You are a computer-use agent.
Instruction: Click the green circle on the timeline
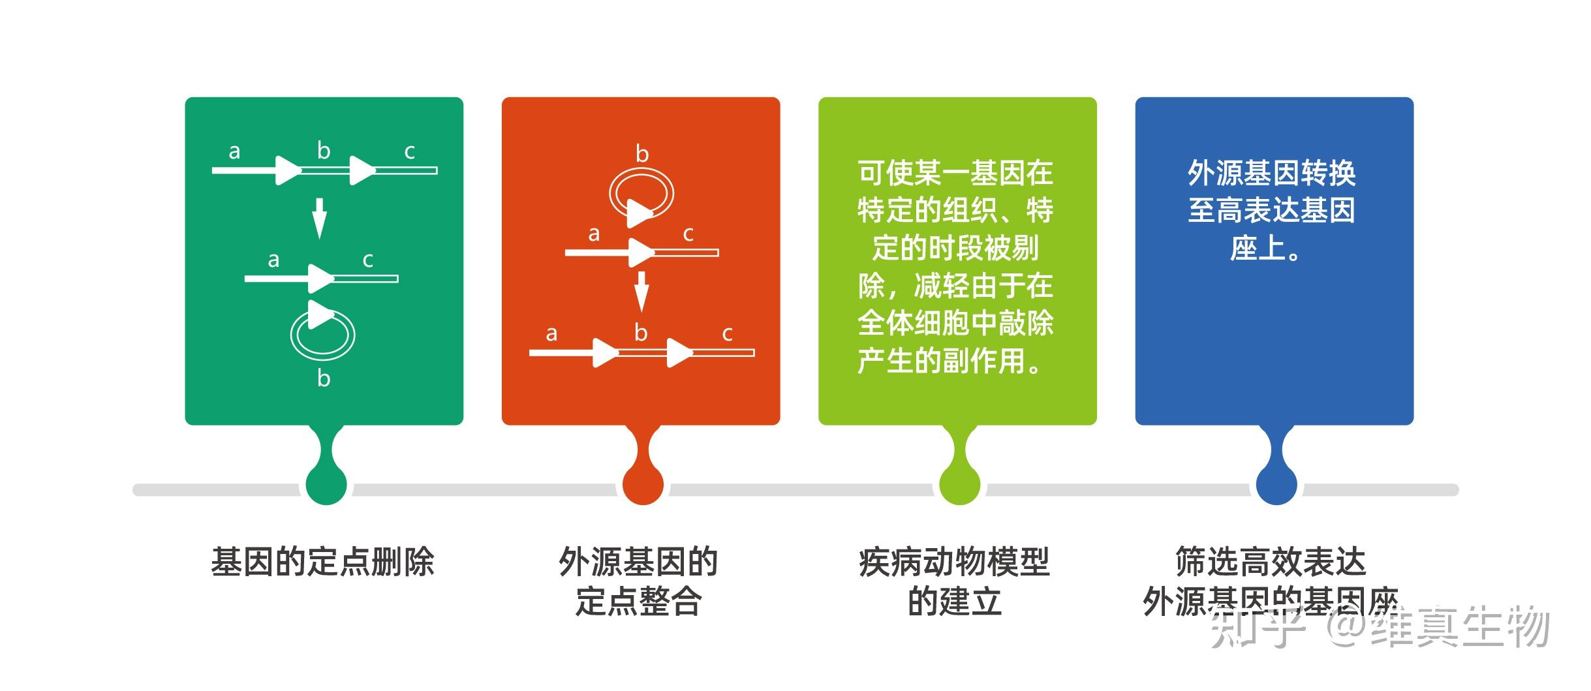pyautogui.click(x=326, y=485)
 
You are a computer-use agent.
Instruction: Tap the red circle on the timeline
pyautogui.click(x=643, y=485)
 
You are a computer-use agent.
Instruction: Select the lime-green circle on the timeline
pyautogui.click(x=959, y=485)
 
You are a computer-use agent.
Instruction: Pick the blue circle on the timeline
pyautogui.click(x=1276, y=485)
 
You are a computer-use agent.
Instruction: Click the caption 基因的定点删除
pyautogui.click(x=322, y=562)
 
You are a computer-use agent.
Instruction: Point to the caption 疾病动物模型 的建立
pyautogui.click(x=954, y=581)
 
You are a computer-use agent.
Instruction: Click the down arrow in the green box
pyautogui.click(x=318, y=219)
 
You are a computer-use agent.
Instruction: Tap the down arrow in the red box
pyautogui.click(x=641, y=291)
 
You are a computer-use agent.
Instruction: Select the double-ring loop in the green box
pyautogui.click(x=322, y=335)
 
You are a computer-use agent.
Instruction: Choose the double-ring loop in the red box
pyautogui.click(x=641, y=193)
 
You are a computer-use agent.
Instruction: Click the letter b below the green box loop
pyautogui.click(x=324, y=378)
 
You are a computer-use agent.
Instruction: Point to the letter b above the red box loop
pyautogui.click(x=642, y=154)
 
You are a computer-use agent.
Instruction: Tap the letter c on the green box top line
pyautogui.click(x=409, y=151)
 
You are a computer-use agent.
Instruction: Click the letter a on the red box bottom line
pyautogui.click(x=551, y=333)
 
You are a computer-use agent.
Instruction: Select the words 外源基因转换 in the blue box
pyautogui.click(x=1271, y=174)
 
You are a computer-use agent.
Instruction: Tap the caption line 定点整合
pyautogui.click(x=638, y=601)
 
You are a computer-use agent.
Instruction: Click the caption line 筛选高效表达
pyautogui.click(x=1271, y=562)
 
